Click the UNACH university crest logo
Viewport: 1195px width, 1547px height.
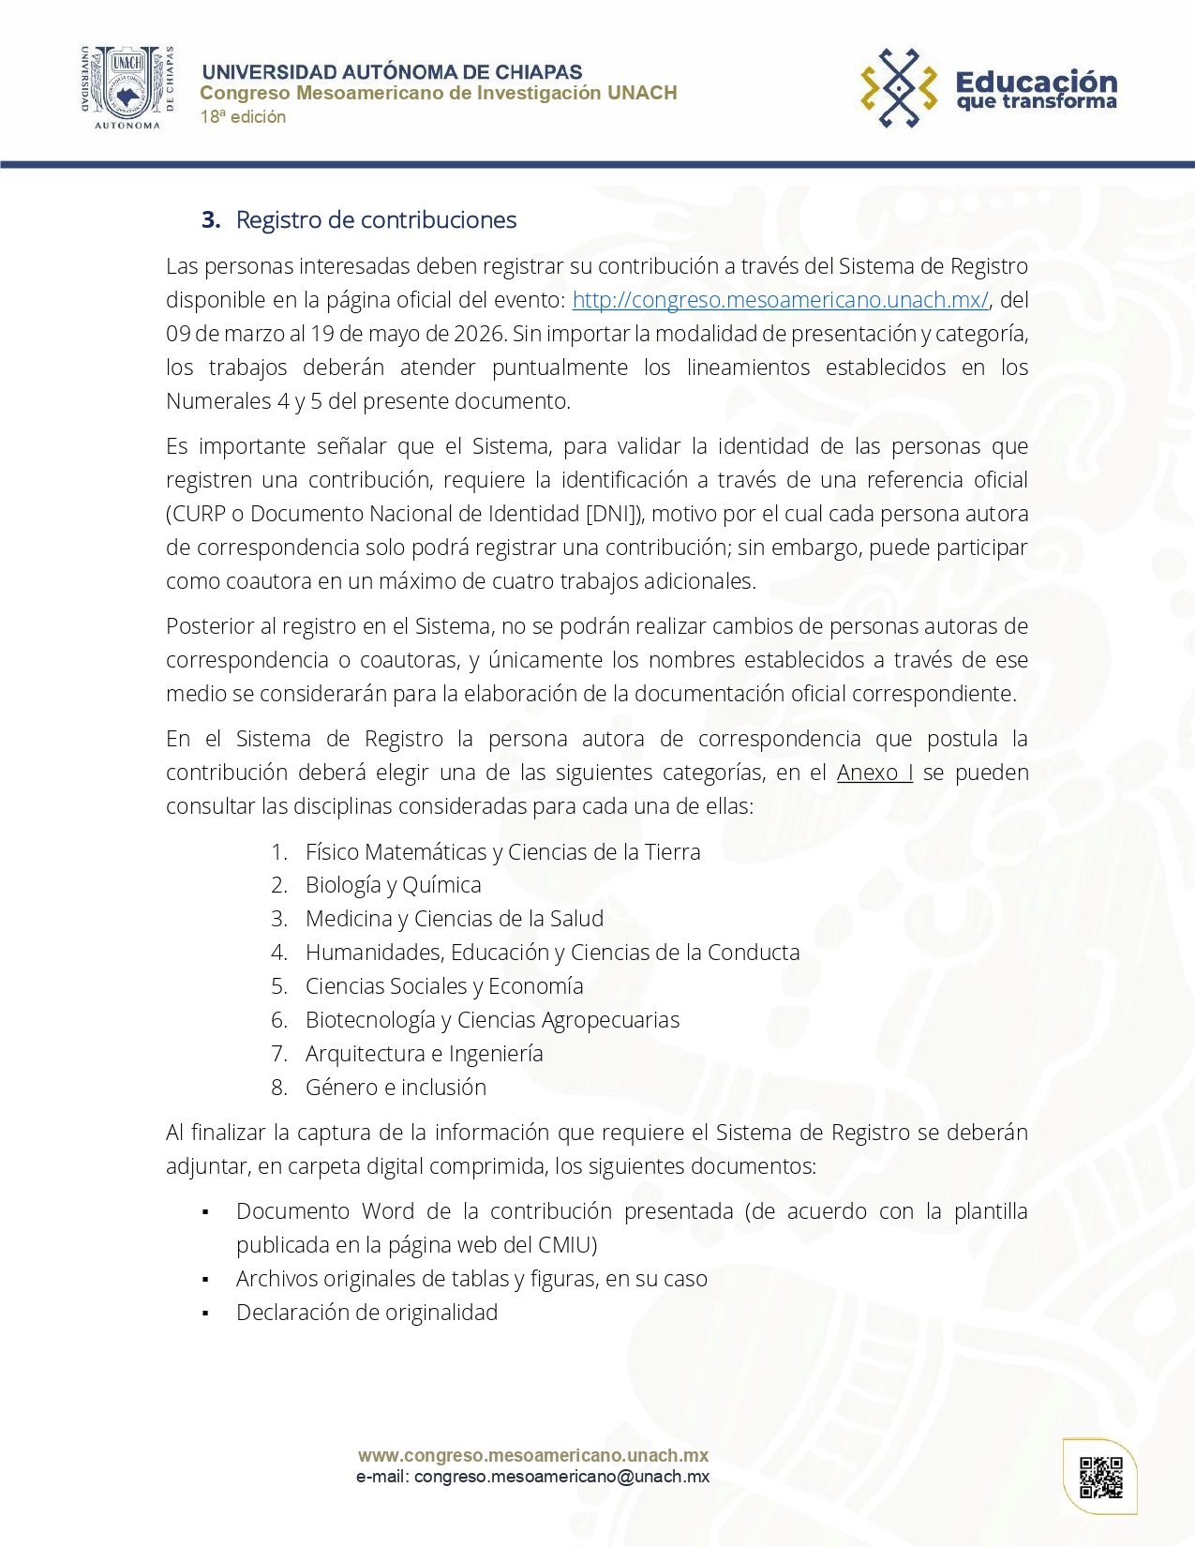pyautogui.click(x=127, y=88)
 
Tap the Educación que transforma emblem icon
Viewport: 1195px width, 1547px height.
pyautogui.click(x=899, y=88)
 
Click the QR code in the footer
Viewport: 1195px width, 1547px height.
pyautogui.click(x=1100, y=1477)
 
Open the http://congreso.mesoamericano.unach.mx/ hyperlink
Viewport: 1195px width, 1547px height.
pyautogui.click(x=780, y=300)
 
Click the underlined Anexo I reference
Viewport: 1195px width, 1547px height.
pyautogui.click(x=874, y=773)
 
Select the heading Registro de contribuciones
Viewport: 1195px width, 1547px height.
pyautogui.click(x=376, y=220)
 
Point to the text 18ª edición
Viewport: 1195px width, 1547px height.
pyautogui.click(x=243, y=117)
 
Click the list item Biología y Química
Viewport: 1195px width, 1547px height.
pyautogui.click(x=393, y=885)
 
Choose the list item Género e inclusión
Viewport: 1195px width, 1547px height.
pyautogui.click(x=396, y=1088)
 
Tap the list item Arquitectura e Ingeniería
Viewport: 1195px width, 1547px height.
pyautogui.click(x=424, y=1054)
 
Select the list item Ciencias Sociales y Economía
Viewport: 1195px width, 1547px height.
pyautogui.click(x=444, y=986)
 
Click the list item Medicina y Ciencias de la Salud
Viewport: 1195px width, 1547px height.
pyautogui.click(x=455, y=919)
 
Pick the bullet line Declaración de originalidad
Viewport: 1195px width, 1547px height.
pyautogui.click(x=366, y=1313)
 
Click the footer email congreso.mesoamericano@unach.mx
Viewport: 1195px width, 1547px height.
pyautogui.click(x=561, y=1477)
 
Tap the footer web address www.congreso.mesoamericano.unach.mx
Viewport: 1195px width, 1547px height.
pyautogui.click(x=533, y=1456)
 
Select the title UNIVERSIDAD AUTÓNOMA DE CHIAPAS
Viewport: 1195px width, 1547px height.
pyautogui.click(x=392, y=72)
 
